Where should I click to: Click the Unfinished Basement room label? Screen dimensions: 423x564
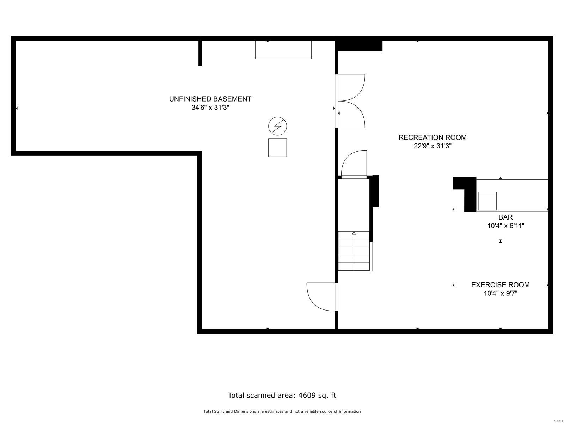pos(210,99)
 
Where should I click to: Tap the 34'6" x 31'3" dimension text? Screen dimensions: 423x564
pos(210,108)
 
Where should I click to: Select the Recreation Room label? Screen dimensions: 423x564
pos(433,137)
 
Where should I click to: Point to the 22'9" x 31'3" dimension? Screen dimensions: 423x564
pos(433,146)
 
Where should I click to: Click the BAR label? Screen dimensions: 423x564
pos(505,217)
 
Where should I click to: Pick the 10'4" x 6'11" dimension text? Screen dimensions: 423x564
pos(505,226)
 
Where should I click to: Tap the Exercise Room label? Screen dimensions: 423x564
pos(500,285)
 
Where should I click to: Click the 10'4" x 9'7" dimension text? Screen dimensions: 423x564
pos(500,293)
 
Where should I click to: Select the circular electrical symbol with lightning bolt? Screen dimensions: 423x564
pos(277,126)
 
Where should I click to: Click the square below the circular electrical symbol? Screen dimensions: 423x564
pos(277,147)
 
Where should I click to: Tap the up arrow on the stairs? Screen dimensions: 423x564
pos(354,233)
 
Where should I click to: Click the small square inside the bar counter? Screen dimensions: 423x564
pos(487,201)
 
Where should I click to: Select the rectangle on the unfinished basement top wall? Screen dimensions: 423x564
pos(283,50)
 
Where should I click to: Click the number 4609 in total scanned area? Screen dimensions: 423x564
pos(306,395)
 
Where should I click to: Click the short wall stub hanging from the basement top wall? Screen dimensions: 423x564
pos(200,53)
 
